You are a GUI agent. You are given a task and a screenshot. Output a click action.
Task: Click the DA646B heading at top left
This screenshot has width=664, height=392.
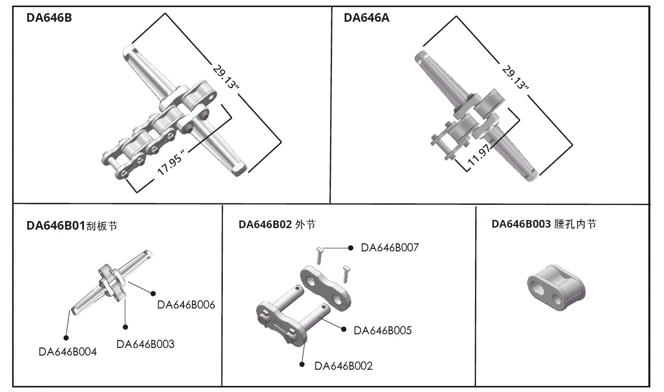pyautogui.click(x=49, y=19)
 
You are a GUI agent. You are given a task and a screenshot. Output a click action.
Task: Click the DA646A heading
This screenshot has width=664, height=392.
pyautogui.click(x=366, y=19)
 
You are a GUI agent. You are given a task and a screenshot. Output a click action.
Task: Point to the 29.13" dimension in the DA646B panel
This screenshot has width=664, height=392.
pyautogui.click(x=225, y=77)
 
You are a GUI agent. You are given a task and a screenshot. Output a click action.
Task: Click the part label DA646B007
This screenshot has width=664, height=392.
pyautogui.click(x=390, y=248)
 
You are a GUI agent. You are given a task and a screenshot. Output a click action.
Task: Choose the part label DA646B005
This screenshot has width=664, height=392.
pyautogui.click(x=383, y=331)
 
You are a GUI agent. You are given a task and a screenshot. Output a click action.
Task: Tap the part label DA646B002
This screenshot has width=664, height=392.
pyautogui.click(x=343, y=366)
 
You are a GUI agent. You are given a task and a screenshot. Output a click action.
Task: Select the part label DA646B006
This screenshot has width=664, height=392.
pyautogui.click(x=186, y=305)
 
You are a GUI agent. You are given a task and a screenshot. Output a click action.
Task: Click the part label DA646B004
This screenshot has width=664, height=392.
pyautogui.click(x=67, y=352)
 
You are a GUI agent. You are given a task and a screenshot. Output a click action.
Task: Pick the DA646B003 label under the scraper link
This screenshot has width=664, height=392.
pyautogui.click(x=145, y=344)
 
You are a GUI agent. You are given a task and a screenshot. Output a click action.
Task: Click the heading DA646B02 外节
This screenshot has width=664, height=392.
pyautogui.click(x=277, y=225)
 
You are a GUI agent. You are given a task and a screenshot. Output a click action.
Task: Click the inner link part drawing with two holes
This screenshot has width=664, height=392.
pyautogui.click(x=555, y=288)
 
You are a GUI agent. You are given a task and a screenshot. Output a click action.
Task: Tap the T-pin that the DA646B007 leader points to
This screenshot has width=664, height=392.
pyautogui.click(x=319, y=254)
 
